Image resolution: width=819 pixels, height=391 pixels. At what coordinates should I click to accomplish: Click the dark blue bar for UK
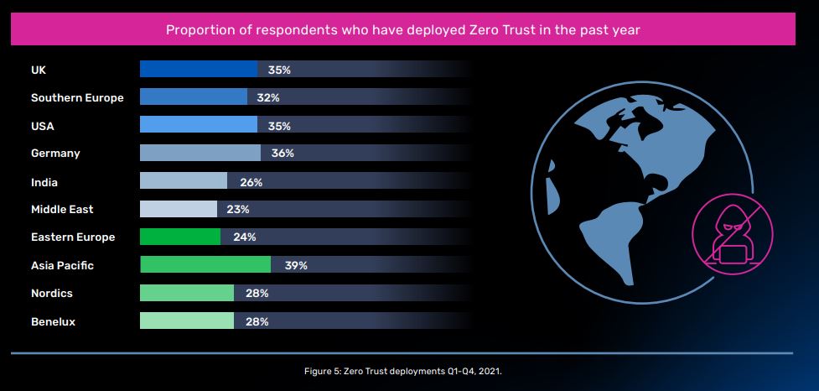point(199,70)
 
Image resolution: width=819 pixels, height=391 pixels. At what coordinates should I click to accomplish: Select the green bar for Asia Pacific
point(205,265)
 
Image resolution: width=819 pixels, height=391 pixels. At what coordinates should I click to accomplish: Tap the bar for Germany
point(200,154)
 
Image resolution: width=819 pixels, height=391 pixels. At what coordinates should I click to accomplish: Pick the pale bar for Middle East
point(179,209)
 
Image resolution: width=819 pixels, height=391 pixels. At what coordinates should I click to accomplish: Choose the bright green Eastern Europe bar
point(180,237)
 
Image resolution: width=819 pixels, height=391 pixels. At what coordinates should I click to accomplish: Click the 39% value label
point(296,265)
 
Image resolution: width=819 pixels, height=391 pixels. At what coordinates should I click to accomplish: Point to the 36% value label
point(283,154)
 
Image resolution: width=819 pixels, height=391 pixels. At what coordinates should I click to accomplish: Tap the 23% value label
point(238,209)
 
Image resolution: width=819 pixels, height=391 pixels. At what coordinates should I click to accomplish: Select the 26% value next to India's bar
point(251,182)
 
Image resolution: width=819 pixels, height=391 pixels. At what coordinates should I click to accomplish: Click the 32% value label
point(268,98)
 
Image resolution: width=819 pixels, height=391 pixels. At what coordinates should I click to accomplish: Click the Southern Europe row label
point(77,98)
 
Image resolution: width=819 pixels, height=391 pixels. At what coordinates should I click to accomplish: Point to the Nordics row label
point(52,293)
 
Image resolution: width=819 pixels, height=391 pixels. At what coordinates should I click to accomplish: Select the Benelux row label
point(53,321)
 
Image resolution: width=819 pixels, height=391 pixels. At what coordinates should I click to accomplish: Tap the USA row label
point(43,126)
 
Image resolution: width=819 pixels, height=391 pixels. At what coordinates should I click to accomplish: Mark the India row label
point(44,182)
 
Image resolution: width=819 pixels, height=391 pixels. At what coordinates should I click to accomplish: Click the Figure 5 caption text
point(402,370)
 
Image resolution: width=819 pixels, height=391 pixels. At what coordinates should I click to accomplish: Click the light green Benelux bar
point(187,321)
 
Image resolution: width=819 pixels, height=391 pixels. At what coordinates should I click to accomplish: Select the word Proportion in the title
point(199,30)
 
